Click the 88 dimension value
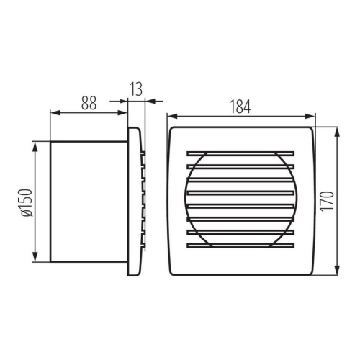click(x=88, y=102)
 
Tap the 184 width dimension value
click(x=240, y=107)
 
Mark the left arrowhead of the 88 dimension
click(x=53, y=112)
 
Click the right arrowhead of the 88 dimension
click(x=124, y=112)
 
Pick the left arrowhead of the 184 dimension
click(x=171, y=115)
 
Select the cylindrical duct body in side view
click(x=86, y=202)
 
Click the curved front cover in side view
click(x=133, y=202)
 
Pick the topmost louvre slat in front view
click(x=241, y=153)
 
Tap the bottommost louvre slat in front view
click(x=241, y=246)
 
